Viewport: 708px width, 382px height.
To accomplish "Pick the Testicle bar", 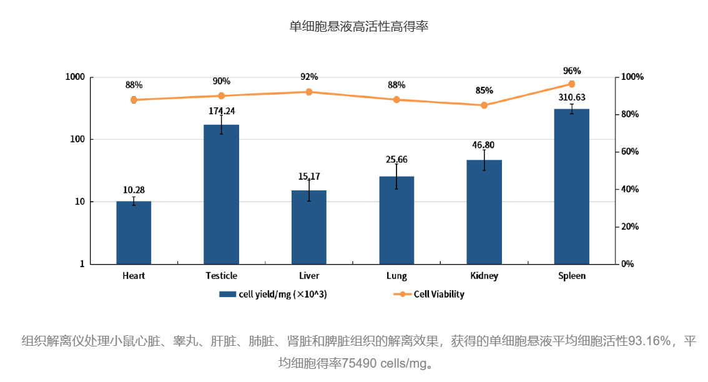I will (221, 194).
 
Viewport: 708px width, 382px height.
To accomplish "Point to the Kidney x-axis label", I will (484, 275).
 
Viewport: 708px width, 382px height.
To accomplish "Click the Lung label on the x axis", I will (396, 275).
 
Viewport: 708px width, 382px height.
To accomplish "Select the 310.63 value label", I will (571, 97).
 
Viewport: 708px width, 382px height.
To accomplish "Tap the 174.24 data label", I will (221, 111).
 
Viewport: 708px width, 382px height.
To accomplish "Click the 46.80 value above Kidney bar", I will (484, 145).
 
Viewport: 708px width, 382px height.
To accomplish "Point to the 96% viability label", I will (571, 71).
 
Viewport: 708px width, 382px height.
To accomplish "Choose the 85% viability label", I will (484, 91).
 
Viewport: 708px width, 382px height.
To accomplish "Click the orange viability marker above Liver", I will (309, 92).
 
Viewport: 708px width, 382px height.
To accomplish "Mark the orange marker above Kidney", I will (484, 105).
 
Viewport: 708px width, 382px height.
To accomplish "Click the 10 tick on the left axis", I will (79, 202).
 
